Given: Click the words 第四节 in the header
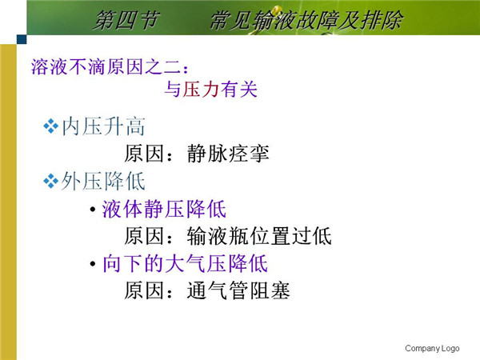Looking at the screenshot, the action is pos(126,21).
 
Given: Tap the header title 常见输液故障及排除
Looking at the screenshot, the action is pos(306,21).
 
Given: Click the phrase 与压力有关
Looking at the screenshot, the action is pos(211,90).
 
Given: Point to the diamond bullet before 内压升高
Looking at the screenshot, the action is pos(50,126).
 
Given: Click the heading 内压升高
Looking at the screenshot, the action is pos(103,126).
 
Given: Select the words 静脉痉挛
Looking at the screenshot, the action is pos(228,154).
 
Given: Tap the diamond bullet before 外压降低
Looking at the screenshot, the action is pos(50,182).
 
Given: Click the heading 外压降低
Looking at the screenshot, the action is pos(103,182).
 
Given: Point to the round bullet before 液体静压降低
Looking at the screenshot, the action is pos(93,210).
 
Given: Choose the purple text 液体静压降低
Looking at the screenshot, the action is pos(164,209).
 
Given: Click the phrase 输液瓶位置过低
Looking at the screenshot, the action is pos(259,236).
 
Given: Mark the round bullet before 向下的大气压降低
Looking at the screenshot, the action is pos(93,264).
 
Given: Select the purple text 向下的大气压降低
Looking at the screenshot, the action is pos(186,263).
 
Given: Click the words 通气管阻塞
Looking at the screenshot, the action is pos(238,290).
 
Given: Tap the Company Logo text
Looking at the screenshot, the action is pos(432,348).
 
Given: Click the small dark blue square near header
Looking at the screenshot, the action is pos(22,39).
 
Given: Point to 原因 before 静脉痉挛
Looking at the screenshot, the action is pos(144,154).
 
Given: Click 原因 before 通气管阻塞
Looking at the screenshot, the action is pos(144,290).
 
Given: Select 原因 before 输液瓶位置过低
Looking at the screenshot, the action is pos(144,236).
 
